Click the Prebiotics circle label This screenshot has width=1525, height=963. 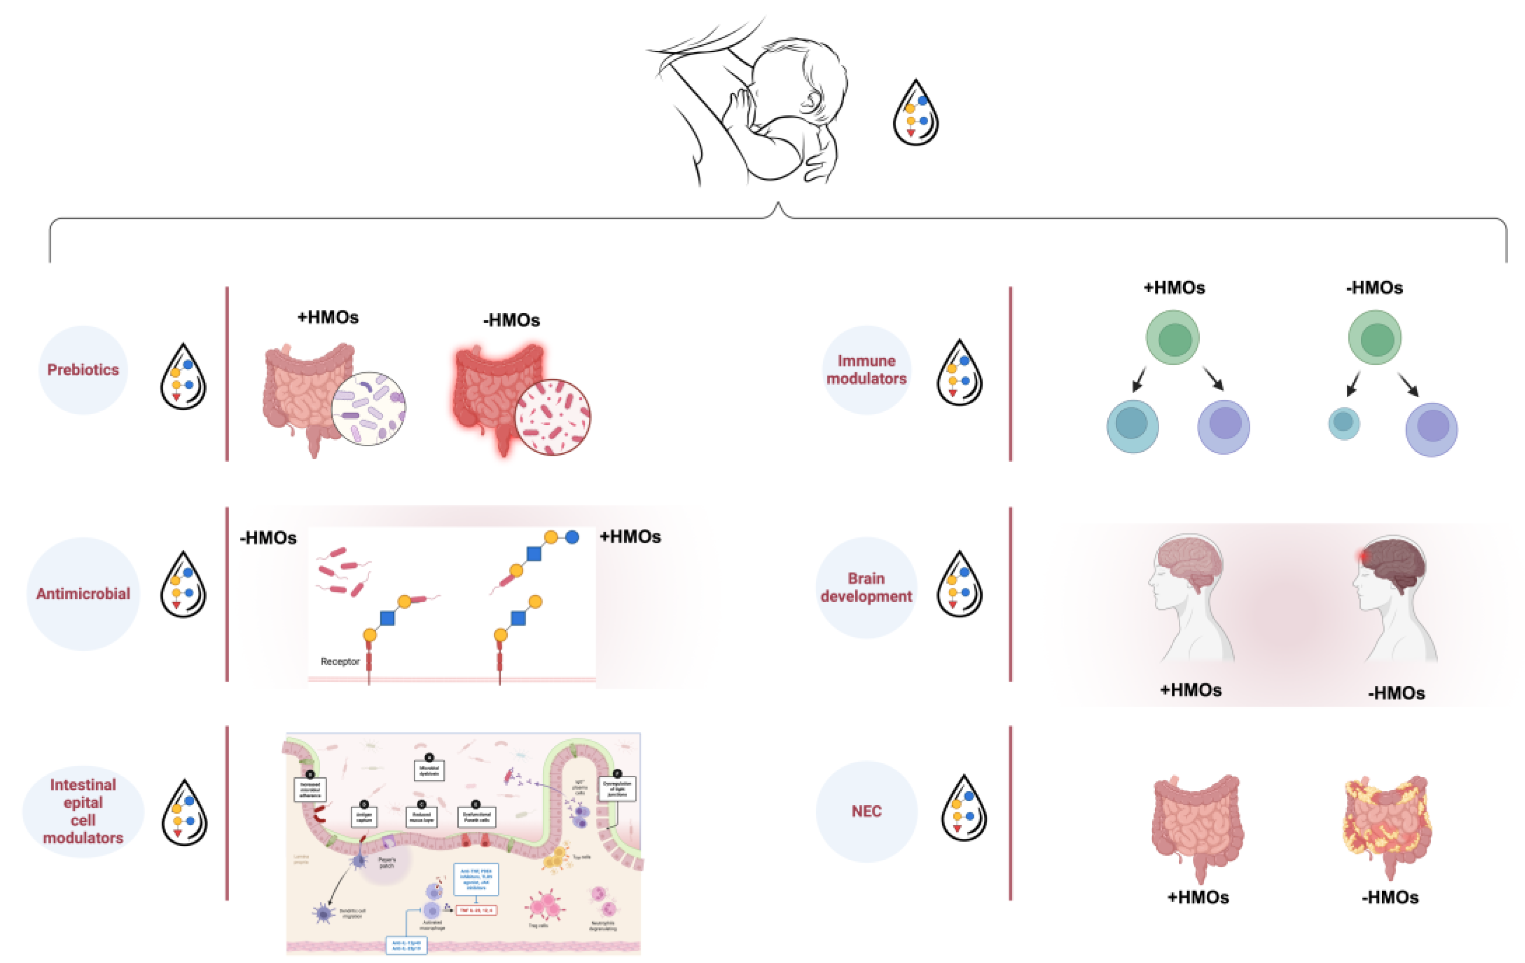(83, 370)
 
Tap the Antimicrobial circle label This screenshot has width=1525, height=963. (83, 594)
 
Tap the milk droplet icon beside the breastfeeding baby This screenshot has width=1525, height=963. (915, 114)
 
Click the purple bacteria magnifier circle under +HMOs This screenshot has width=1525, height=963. (369, 408)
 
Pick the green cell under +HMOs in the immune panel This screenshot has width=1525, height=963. (1172, 337)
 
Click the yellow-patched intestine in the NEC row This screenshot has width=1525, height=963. (1387, 823)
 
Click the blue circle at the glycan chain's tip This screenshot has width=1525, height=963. (572, 537)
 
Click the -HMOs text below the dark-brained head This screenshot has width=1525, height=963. (1396, 693)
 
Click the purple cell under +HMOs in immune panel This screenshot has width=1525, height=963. (1223, 426)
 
